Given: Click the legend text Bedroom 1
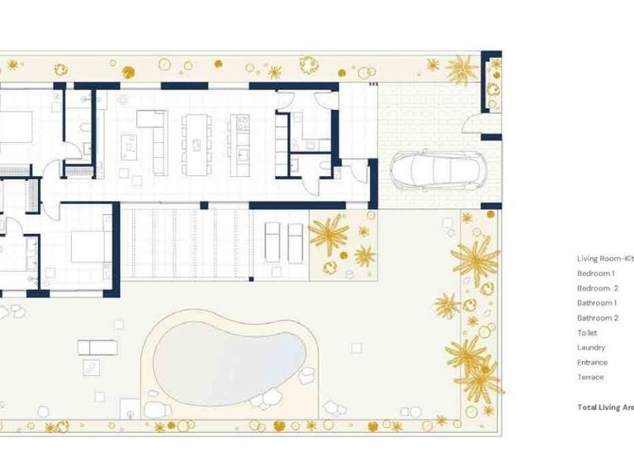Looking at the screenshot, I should [x=595, y=274].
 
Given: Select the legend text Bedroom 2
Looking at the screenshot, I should [x=597, y=288].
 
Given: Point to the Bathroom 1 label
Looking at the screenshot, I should [x=596, y=303].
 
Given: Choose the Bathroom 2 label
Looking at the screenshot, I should [x=597, y=318].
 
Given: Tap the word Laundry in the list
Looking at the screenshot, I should [x=591, y=348].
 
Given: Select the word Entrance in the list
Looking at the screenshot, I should [x=592, y=363].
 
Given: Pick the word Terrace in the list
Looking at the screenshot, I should [x=590, y=378].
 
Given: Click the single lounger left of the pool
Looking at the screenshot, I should [x=97, y=347].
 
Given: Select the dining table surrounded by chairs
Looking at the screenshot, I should [x=196, y=144].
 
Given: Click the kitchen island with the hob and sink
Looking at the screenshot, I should [x=240, y=145].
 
